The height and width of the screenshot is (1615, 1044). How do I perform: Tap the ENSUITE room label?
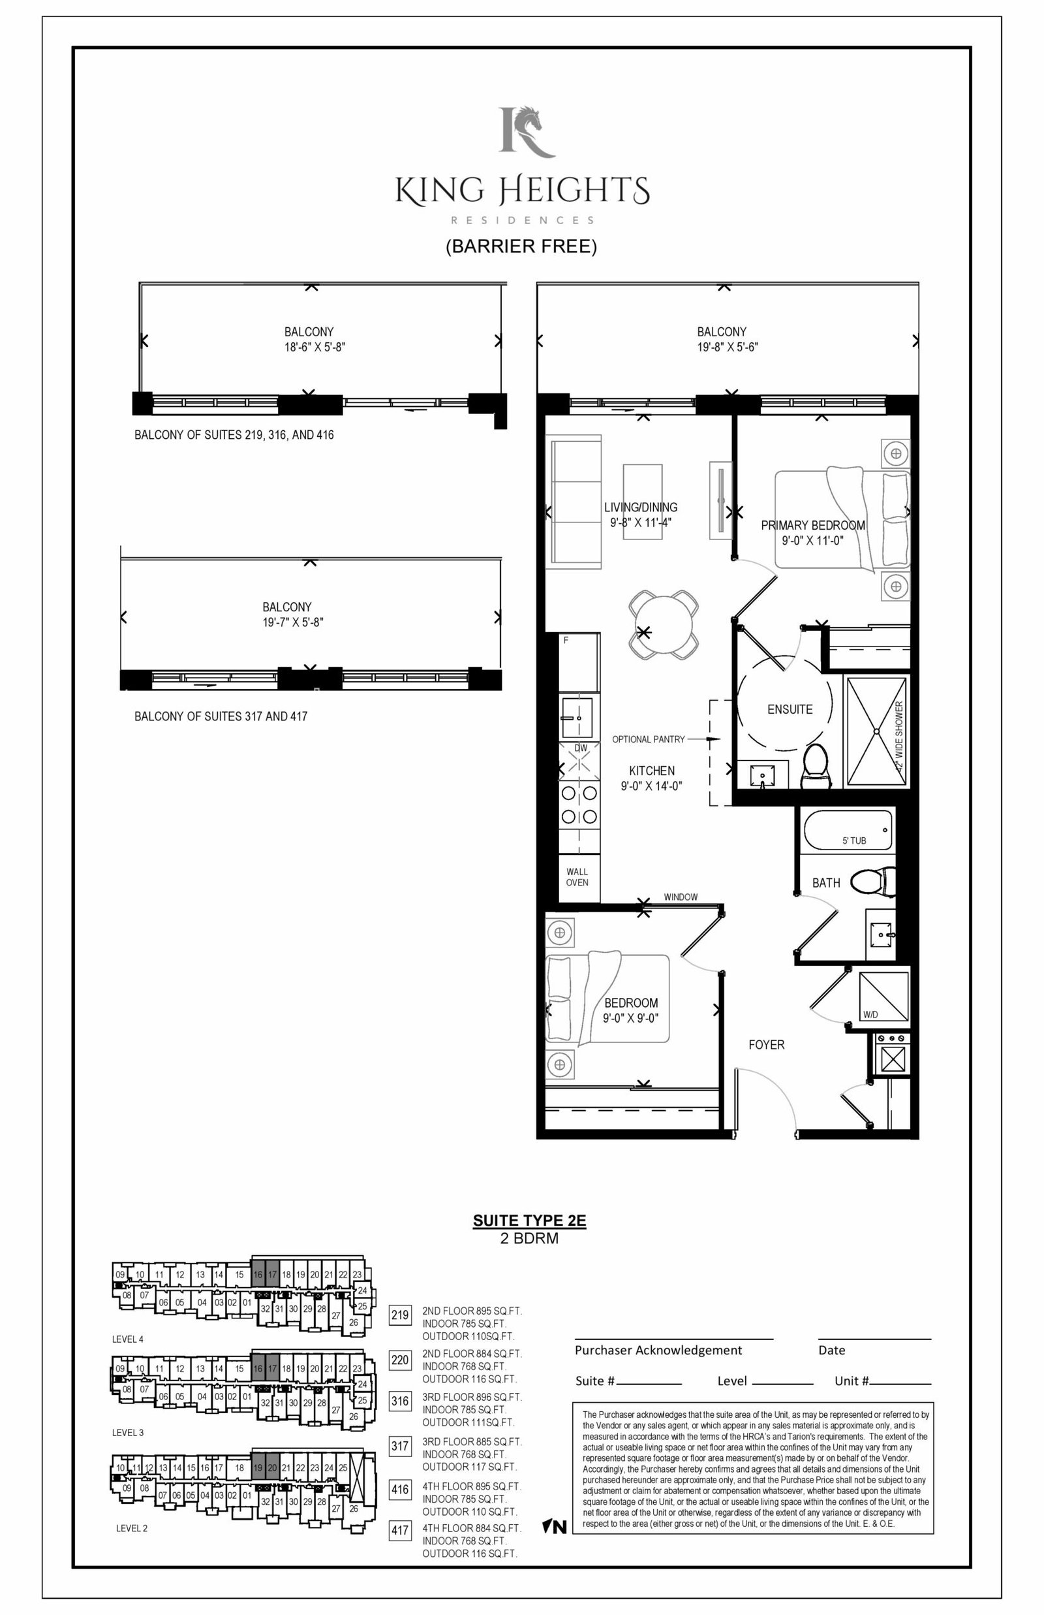790,709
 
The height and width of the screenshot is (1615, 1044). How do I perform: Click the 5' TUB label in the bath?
854,840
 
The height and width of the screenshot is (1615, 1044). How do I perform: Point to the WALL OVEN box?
577,877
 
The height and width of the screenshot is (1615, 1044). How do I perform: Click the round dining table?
664,624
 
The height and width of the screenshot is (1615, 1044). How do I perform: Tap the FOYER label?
766,1045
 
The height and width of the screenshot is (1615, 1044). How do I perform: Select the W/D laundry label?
870,1015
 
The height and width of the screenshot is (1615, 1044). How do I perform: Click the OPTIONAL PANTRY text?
648,739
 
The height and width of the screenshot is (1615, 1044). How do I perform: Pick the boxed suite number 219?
400,1315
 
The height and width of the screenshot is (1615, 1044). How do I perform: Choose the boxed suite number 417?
400,1531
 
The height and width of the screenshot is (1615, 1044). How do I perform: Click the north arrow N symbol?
555,1527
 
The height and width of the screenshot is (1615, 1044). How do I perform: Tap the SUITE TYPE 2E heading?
529,1221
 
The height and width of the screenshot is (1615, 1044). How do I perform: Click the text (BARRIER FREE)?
521,246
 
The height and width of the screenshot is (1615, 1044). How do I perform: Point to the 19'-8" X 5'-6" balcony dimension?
728,347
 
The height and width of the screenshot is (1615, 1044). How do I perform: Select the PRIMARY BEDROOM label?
813,525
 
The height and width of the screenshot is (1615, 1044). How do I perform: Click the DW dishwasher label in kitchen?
581,748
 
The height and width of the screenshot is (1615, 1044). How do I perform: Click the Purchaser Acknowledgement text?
658,1350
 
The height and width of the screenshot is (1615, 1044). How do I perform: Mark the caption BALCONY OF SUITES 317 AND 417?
221,716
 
